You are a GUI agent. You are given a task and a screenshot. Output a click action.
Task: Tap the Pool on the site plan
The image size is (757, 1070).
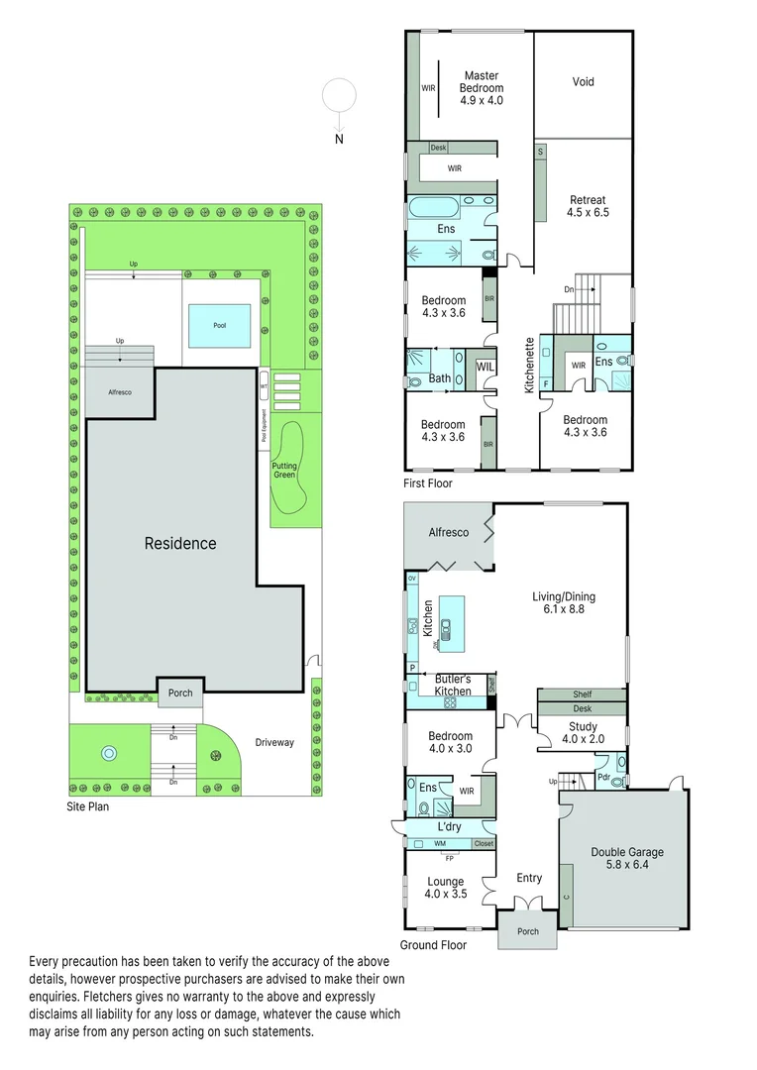pos(219,325)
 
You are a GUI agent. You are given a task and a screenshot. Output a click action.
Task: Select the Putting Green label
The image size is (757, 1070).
pos(284,470)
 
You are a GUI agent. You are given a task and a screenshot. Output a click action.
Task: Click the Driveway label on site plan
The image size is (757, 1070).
pos(274,742)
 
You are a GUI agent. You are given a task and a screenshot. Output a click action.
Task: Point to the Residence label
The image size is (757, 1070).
pos(180,543)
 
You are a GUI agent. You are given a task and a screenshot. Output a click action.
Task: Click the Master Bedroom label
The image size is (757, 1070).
pos(482,88)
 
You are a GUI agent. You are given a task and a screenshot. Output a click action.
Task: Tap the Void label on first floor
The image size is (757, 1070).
pos(584,82)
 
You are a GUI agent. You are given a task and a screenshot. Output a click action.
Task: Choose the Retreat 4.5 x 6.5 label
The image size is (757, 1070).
pos(588,205)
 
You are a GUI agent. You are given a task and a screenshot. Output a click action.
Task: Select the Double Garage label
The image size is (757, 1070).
pos(627,858)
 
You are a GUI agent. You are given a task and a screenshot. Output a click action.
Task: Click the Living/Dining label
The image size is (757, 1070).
pos(564,603)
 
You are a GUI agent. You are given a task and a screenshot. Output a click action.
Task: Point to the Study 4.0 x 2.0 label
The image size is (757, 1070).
pos(583,732)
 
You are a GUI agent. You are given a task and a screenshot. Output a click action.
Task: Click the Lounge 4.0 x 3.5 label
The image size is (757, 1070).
pos(445,887)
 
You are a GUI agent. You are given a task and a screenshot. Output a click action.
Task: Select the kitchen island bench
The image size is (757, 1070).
pos(451,623)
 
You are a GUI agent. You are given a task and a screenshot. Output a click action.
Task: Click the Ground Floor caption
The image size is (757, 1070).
pos(433,945)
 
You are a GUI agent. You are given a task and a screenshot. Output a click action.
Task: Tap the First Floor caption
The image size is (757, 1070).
pos(427,483)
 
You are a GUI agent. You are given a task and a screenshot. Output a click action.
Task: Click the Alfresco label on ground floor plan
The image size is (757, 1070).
pos(448,533)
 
